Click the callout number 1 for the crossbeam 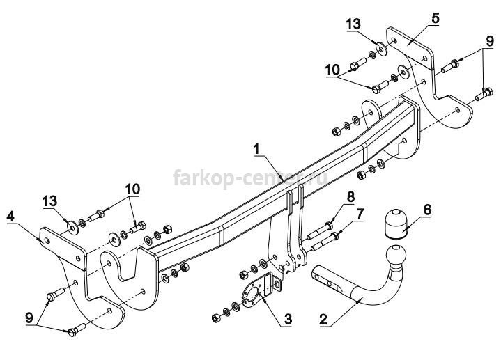(x=256, y=149)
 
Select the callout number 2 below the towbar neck (x=323, y=319)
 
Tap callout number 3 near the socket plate (x=288, y=319)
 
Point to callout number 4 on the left (x=10, y=217)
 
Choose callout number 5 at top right (x=436, y=18)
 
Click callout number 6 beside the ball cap (x=427, y=210)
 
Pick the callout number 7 (x=360, y=214)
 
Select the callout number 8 (x=350, y=197)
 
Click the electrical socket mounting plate (x=261, y=290)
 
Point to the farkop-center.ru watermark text (x=250, y=178)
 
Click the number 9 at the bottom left (x=29, y=318)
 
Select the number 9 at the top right (x=490, y=41)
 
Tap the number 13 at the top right (x=353, y=24)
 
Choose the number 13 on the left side (x=50, y=201)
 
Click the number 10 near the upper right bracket (x=332, y=70)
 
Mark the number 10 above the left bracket (x=132, y=189)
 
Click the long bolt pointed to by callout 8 (x=320, y=231)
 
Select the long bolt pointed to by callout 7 (x=324, y=242)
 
